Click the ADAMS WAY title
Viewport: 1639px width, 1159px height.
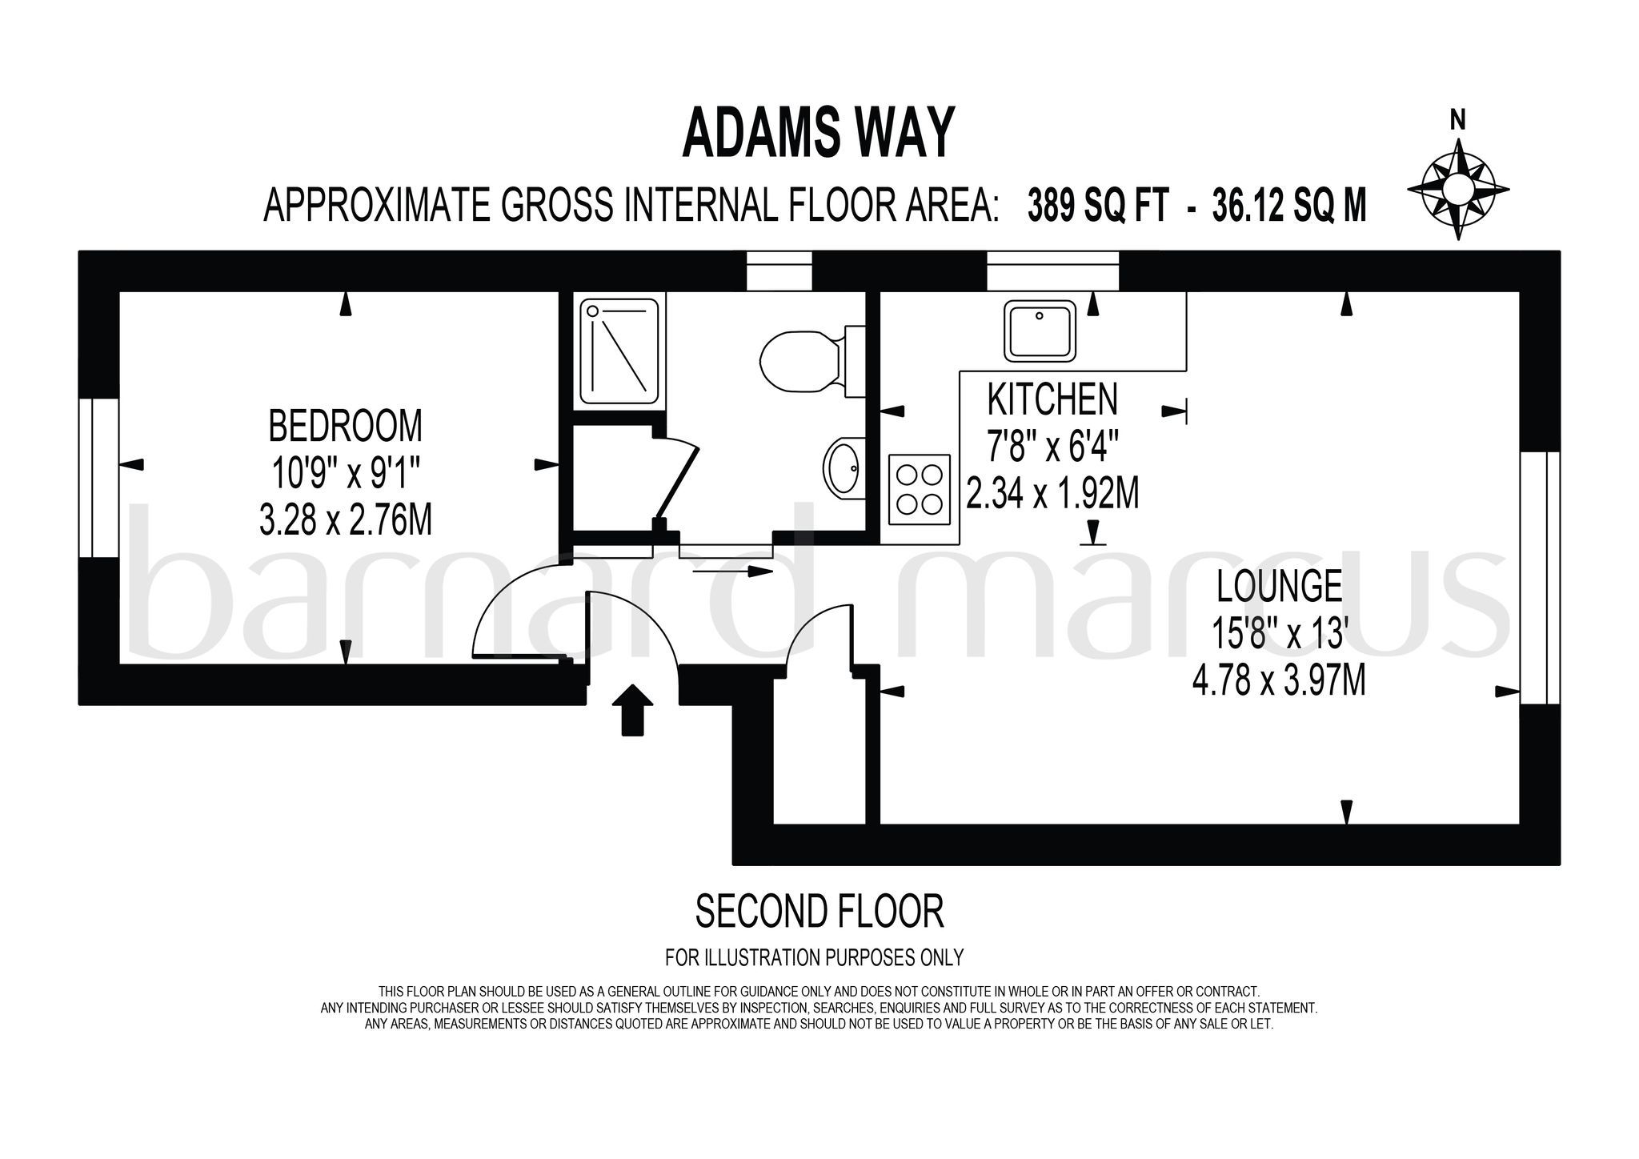(819, 134)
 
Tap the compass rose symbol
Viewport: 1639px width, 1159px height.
(1457, 190)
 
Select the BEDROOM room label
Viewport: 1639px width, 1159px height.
(345, 426)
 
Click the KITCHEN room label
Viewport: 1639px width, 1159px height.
(1052, 399)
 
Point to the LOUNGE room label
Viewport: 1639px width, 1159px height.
(1279, 586)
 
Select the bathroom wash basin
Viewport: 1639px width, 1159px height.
(842, 467)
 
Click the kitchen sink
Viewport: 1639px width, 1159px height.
(1039, 331)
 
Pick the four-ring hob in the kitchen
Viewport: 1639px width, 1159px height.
(920, 489)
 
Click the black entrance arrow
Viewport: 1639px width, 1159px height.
(632, 708)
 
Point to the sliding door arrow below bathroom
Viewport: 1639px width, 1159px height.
(732, 571)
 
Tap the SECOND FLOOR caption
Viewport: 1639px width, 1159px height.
(819, 912)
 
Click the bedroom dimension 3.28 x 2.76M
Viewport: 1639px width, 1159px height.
(346, 521)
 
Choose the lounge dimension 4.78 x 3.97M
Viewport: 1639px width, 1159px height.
(1278, 682)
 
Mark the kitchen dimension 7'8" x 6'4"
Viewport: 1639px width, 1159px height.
(1052, 446)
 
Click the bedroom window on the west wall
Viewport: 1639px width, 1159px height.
(99, 477)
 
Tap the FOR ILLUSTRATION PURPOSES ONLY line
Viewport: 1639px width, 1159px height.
(814, 957)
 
